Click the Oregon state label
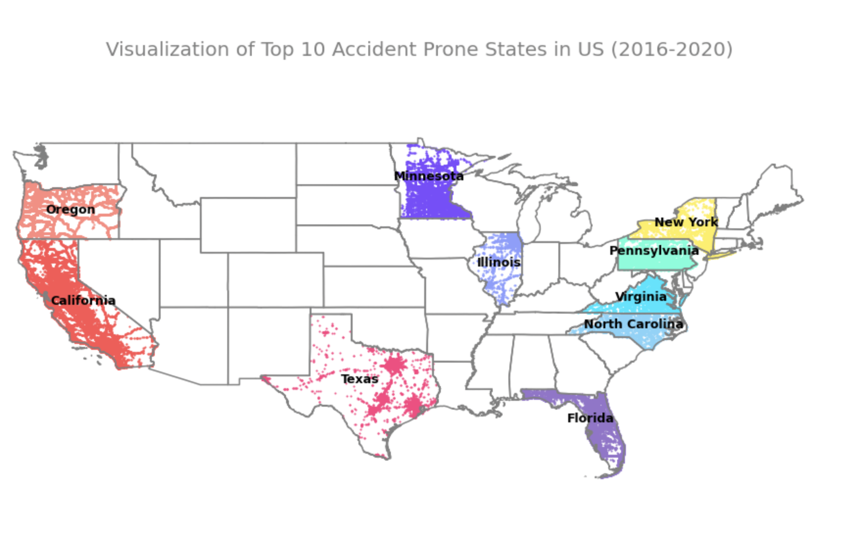pyautogui.click(x=71, y=210)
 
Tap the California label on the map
pyautogui.click(x=83, y=300)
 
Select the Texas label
pyautogui.click(x=360, y=379)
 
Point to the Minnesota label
pyautogui.click(x=429, y=176)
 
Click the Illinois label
pyautogui.click(x=499, y=262)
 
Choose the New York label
pyautogui.click(x=686, y=222)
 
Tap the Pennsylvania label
pyautogui.click(x=654, y=250)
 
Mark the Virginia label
pyautogui.click(x=641, y=296)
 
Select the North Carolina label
pyautogui.click(x=633, y=324)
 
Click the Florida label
pyautogui.click(x=590, y=418)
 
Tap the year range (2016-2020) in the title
pyautogui.click(x=671, y=49)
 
